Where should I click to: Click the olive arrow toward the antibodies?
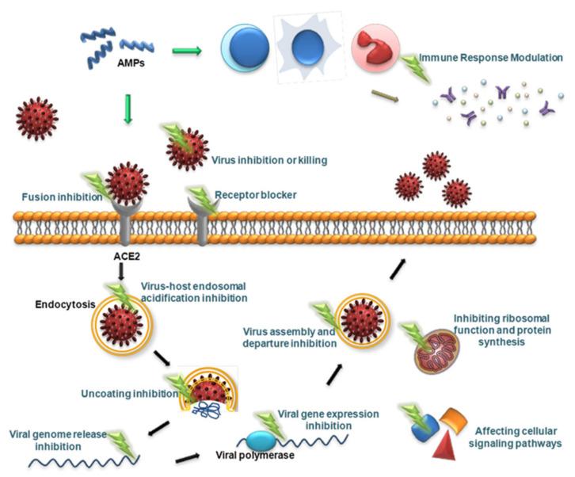(385, 97)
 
